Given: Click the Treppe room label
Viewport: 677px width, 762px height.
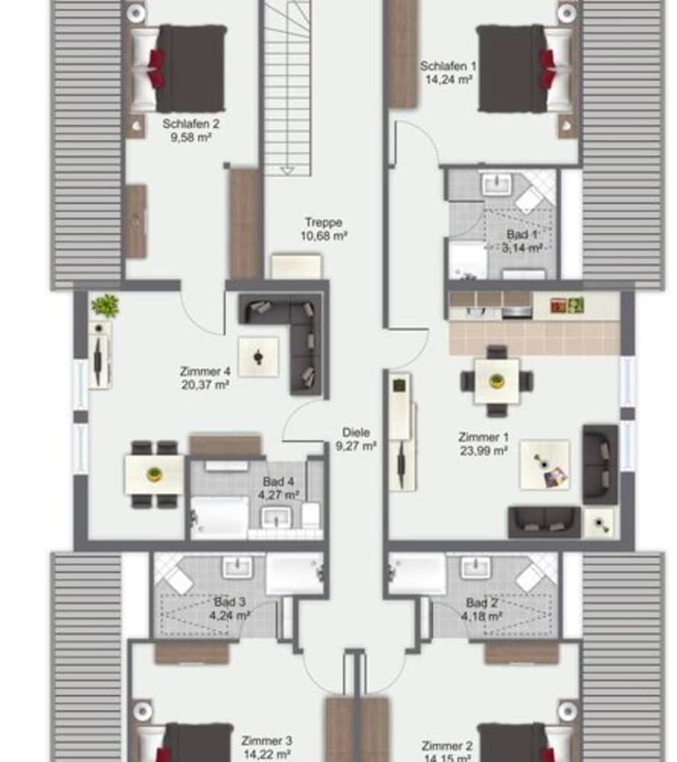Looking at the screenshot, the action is click(323, 223).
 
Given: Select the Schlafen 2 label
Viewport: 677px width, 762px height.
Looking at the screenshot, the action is click(191, 124).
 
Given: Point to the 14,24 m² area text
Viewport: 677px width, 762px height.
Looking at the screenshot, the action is click(449, 80).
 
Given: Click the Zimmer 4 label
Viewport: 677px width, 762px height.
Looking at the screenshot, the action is click(205, 371).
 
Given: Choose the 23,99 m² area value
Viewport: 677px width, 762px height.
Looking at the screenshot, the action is click(484, 451).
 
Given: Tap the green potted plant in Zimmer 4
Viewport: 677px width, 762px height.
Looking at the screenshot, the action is click(105, 306).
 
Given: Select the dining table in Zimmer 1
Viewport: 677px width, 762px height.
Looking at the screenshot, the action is click(496, 381).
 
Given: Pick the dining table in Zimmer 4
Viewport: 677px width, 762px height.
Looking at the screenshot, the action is click(154, 474).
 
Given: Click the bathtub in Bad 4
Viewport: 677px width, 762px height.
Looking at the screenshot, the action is click(220, 517).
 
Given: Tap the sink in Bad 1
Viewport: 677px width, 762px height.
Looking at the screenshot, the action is click(496, 184).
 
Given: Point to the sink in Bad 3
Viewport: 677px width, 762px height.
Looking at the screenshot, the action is click(237, 567).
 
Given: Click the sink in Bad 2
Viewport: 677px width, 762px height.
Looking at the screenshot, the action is click(476, 567).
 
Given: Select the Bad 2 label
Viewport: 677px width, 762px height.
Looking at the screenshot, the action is click(482, 603).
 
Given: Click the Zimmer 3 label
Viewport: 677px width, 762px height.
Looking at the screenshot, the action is click(267, 741).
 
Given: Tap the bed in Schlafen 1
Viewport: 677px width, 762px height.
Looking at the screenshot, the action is click(525, 69).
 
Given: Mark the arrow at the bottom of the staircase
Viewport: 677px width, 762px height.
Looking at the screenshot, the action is click(287, 171).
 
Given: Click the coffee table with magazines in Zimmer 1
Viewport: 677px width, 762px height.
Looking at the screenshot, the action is click(544, 465).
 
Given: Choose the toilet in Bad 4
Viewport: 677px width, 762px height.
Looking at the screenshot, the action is click(311, 515).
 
